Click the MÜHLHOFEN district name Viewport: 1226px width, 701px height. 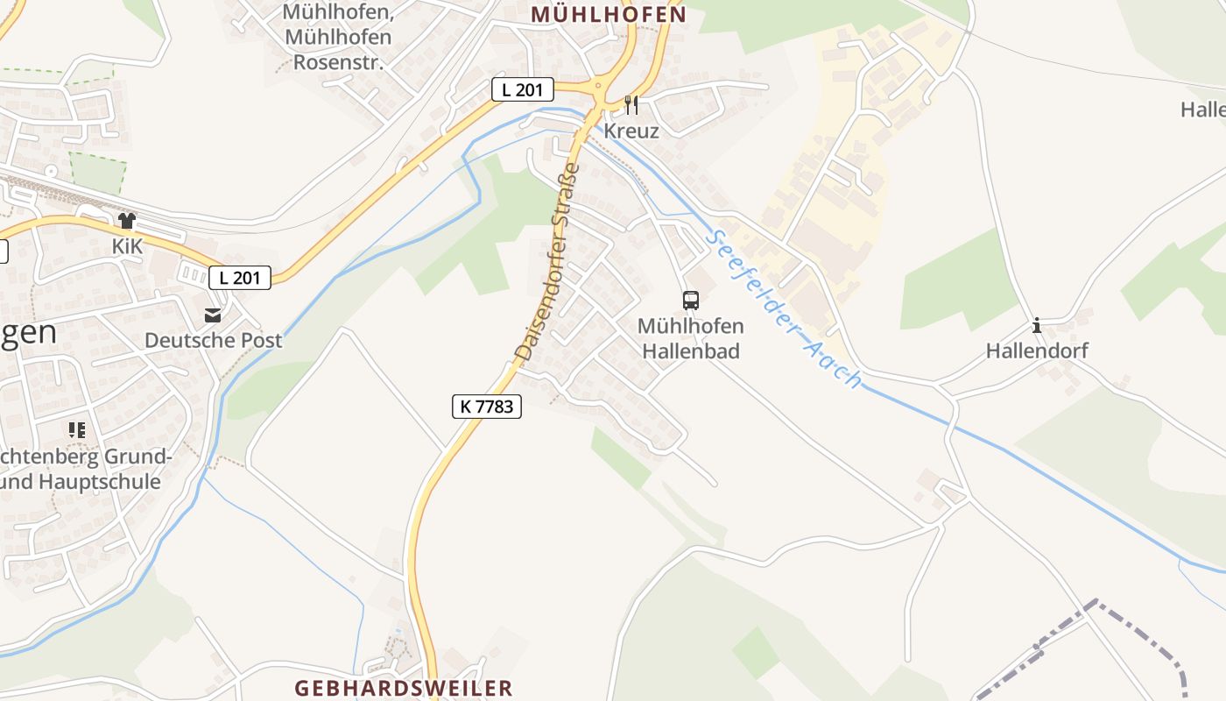point(608,15)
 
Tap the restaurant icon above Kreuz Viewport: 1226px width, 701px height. point(631,105)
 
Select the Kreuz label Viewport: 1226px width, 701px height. point(631,131)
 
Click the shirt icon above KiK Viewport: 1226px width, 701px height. point(127,221)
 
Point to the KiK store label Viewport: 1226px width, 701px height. point(127,246)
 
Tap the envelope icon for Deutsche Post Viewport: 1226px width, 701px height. point(213,315)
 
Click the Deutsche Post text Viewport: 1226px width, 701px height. point(213,340)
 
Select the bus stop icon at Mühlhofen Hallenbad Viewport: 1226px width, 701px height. point(691,301)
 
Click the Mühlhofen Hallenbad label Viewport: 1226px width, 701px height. point(691,338)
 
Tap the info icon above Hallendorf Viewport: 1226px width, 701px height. point(1037,325)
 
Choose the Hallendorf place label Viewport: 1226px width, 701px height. point(1037,350)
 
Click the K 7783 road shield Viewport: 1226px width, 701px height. point(487,406)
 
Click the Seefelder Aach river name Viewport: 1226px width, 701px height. point(785,308)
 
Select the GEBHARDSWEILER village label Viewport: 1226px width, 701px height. point(403,687)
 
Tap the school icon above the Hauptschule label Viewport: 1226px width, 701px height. point(77,429)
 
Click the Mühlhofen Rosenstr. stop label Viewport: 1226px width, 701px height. point(337,38)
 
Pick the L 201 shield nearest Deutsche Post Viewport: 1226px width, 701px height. point(240,278)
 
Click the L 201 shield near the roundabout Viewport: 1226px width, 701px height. point(522,89)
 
